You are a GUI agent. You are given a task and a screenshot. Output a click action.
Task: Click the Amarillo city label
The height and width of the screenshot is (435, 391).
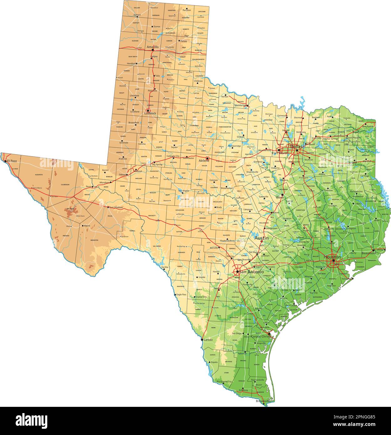(x=153, y=47)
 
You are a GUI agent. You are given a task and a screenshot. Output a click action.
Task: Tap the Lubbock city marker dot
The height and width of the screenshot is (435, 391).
(x=148, y=110)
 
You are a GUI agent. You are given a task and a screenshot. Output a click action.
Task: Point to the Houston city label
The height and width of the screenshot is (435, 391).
(x=332, y=257)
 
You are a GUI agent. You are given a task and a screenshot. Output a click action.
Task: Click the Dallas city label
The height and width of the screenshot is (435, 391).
(x=296, y=146)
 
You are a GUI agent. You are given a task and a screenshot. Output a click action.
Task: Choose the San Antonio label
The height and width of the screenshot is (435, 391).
(x=251, y=272)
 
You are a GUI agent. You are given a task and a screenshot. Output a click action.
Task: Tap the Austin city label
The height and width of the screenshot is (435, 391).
(x=261, y=238)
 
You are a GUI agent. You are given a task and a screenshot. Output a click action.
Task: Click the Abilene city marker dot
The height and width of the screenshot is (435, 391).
(x=207, y=158)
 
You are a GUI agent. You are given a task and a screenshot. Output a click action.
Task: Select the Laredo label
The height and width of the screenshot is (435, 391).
(x=208, y=340)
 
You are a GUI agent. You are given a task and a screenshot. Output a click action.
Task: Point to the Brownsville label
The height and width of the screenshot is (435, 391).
(x=263, y=401)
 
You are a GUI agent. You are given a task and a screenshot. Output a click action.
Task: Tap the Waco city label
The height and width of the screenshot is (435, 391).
(x=280, y=197)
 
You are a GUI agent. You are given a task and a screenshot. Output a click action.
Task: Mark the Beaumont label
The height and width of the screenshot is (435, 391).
(x=368, y=253)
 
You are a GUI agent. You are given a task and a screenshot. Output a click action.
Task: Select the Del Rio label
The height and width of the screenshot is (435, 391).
(x=165, y=267)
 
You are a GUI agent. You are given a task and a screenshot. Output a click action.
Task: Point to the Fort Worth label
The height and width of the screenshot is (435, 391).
(x=280, y=153)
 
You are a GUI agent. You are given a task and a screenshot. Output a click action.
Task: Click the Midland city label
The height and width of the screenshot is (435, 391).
(x=138, y=171)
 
